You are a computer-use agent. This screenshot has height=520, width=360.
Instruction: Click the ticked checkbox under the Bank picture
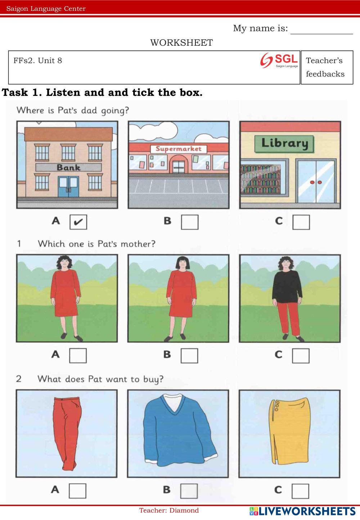(78, 222)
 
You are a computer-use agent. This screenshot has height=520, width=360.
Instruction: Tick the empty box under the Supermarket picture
(190, 222)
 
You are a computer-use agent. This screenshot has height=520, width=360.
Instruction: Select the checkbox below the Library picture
(301, 222)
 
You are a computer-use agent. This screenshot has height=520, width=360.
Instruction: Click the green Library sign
(284, 144)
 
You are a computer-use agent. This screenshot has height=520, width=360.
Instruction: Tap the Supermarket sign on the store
(179, 149)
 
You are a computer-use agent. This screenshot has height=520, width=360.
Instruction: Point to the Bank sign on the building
(68, 167)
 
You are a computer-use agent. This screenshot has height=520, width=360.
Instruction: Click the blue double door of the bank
(68, 187)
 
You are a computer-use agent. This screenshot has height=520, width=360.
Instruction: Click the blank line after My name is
(322, 34)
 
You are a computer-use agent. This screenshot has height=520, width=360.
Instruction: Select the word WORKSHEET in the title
(181, 43)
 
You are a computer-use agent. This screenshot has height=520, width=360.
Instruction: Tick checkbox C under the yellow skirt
(300, 491)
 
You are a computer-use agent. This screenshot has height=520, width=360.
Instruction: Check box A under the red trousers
(77, 491)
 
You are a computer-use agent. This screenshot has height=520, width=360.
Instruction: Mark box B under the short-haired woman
(189, 356)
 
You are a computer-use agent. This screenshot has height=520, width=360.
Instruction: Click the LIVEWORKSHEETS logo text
(302, 511)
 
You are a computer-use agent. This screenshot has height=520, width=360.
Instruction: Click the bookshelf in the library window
(260, 179)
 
